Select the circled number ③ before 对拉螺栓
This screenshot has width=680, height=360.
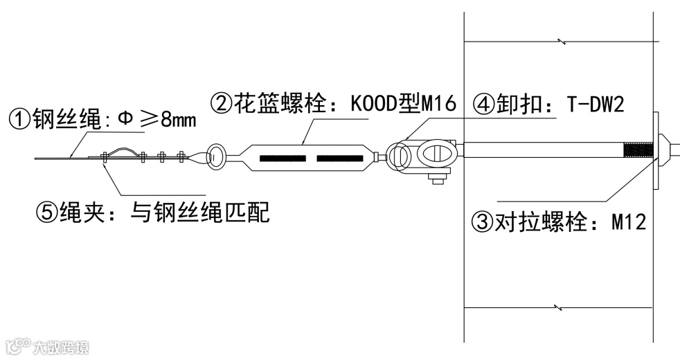481,222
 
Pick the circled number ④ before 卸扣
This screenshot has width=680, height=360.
484,105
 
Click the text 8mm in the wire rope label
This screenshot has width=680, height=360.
179,120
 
